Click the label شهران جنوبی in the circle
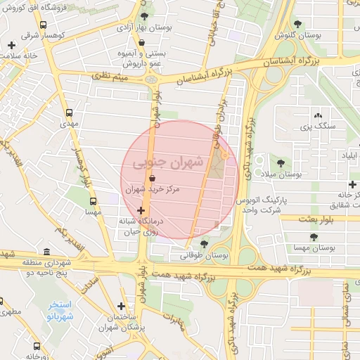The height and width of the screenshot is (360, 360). click(167, 162)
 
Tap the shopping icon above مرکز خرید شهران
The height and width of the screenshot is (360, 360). click(152, 179)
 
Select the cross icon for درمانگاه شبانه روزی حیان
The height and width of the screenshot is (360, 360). click(142, 211)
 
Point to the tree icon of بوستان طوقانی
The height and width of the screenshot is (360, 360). click(204, 244)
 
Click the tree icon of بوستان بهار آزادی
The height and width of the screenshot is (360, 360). click(145, 16)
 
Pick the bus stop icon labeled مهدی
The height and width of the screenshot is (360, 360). click(69, 112)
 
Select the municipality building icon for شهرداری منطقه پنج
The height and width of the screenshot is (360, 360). click(47, 252)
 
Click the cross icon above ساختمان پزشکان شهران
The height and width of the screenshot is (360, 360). click(122, 306)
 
